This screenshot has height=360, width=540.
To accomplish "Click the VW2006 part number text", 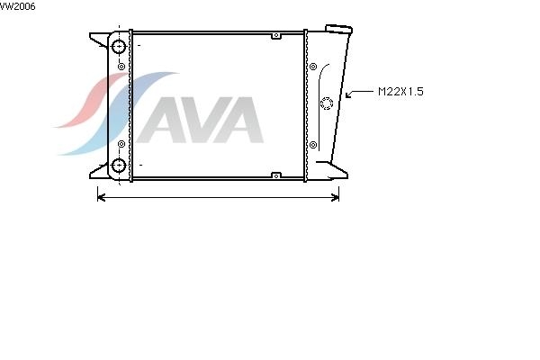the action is [x=17, y=6].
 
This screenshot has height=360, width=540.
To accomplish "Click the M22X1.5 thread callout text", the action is [x=400, y=92].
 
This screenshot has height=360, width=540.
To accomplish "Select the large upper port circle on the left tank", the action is [x=119, y=47].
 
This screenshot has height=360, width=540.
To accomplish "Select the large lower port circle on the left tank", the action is [x=119, y=166].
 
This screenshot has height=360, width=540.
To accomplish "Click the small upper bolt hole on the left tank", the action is [x=121, y=67].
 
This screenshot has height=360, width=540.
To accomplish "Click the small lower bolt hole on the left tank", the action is [x=121, y=144].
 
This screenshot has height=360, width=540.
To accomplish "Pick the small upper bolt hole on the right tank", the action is [x=313, y=67].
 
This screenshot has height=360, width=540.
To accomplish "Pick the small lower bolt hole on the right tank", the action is [x=313, y=145].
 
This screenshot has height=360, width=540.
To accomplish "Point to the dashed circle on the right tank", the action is [x=327, y=97].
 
